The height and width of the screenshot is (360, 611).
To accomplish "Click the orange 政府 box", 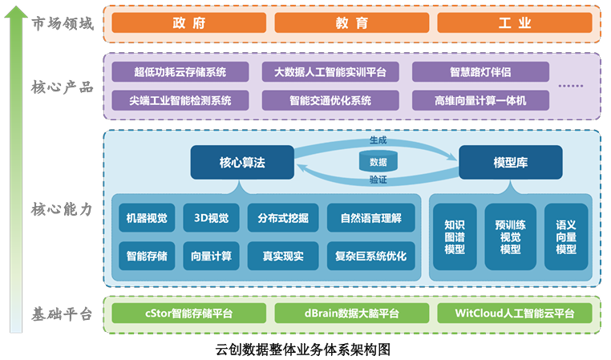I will coord(188,23).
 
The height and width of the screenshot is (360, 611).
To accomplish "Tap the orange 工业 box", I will coord(514,23).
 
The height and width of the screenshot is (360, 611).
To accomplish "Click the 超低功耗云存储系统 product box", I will coord(180,72).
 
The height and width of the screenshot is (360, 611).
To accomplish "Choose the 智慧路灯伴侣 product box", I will coord(480,72).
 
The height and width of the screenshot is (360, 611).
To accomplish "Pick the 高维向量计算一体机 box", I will coord(480,100).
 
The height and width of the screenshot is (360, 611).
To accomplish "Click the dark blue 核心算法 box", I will coord(241,162).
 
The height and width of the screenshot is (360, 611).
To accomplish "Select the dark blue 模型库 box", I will coord(510,162).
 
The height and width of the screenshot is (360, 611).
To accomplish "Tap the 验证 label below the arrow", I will coord(378,181).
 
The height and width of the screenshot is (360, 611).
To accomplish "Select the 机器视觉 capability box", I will coord(147,217).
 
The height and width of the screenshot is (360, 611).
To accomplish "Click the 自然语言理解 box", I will coord(371,217).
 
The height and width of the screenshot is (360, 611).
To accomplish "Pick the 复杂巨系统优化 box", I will coord(371,257).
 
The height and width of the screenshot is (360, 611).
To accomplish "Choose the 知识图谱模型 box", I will coord(454,237).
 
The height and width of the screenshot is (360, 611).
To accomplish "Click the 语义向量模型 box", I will coord(566,237).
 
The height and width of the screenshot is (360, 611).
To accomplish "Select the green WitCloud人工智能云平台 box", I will coord(514,313).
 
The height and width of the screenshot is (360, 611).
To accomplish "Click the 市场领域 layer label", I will coord(63,24).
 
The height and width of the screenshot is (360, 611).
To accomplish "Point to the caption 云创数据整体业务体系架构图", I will coord(303,350).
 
